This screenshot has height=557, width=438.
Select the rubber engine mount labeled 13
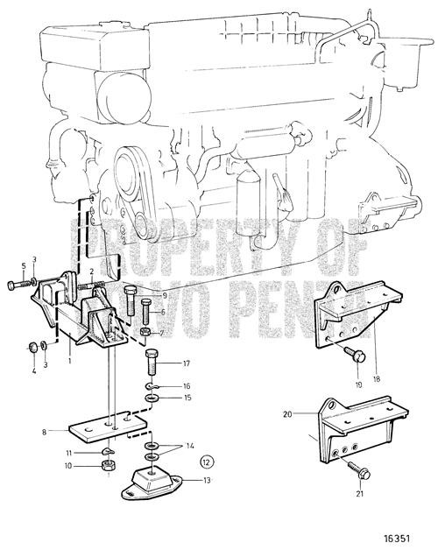154,483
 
